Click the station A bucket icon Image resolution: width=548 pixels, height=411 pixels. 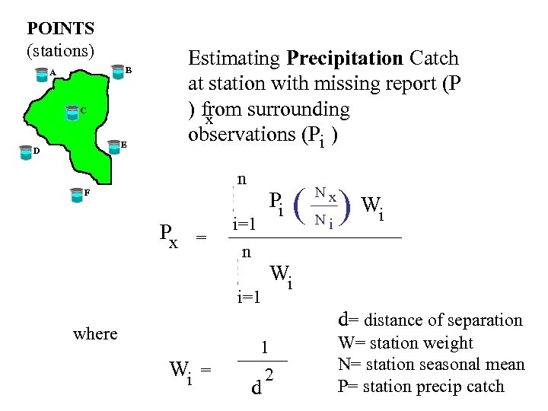41,74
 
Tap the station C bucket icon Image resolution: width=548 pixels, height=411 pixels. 71,112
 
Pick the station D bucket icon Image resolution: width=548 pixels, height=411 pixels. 25,151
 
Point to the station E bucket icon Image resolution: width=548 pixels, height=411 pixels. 113,145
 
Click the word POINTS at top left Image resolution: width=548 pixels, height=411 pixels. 60,29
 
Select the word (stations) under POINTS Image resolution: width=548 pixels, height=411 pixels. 60,50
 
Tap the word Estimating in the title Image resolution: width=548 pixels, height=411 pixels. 234,59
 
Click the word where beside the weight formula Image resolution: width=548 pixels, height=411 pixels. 95,333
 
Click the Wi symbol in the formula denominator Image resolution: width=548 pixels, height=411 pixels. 281,276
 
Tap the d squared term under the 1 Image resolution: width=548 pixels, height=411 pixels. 262,384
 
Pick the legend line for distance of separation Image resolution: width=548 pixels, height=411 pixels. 430,320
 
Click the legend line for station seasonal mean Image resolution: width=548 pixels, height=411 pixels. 432,365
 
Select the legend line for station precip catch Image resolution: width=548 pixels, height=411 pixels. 421,386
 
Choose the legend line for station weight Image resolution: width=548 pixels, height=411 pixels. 406,343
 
